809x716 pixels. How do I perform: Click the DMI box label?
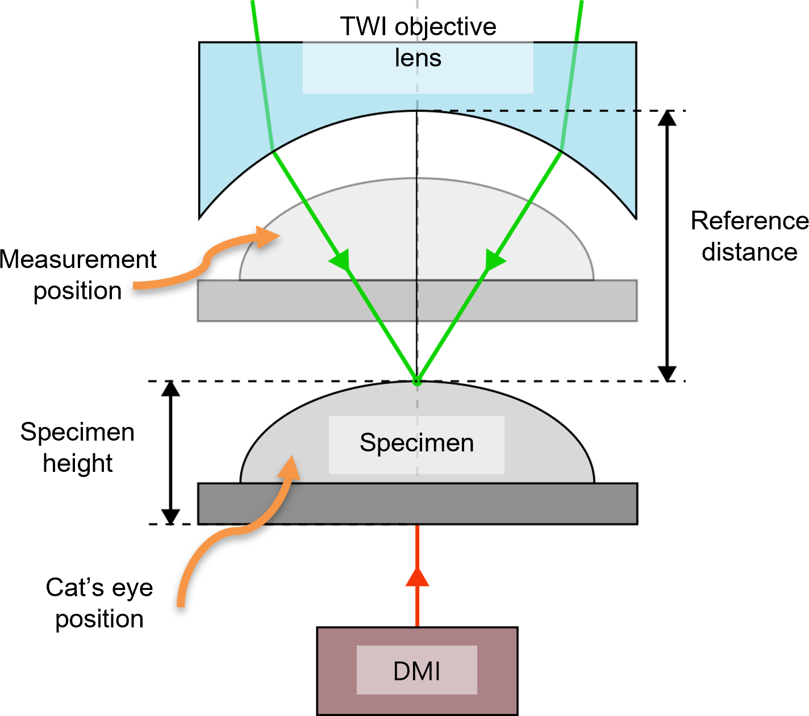416,671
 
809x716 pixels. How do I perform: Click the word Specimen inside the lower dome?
416,443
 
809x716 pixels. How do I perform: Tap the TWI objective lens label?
418,42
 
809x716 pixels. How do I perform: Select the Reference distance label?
749,236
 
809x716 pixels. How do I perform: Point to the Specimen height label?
77,447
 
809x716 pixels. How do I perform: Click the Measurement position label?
78,275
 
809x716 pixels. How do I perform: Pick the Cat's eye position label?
99,603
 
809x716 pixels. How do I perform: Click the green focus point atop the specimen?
417,381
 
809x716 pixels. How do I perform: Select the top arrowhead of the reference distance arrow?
667,118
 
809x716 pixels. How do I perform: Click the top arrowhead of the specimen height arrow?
170,388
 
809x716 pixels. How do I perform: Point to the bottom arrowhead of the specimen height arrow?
170,516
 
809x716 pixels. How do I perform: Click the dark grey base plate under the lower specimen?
418,504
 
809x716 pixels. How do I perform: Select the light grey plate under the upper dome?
418,300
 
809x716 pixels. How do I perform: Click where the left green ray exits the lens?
273,152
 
